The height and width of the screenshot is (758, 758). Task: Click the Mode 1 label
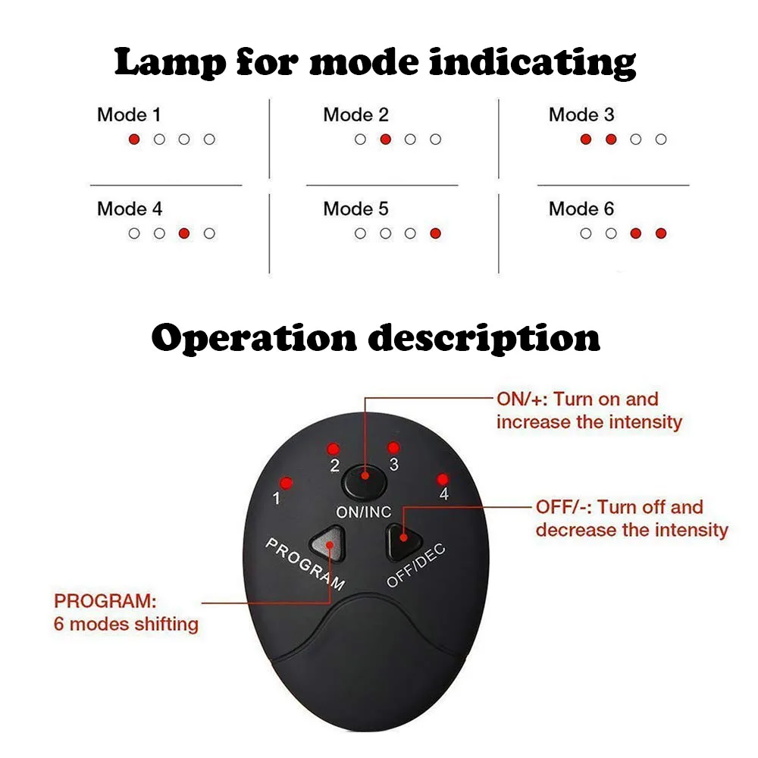coord(129,115)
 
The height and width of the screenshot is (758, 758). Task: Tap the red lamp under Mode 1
coord(134,139)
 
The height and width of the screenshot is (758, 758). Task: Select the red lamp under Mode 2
coord(385,139)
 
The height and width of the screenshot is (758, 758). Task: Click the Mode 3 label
coord(581,115)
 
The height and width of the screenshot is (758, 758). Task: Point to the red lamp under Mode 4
coord(184,233)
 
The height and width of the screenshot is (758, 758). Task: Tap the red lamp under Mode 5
coord(435,233)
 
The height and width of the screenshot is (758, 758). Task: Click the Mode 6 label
coord(581,208)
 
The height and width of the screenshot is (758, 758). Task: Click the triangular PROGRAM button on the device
coord(327,543)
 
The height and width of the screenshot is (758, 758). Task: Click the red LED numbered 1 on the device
coord(287,483)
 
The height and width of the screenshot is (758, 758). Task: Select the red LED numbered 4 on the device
coord(442,479)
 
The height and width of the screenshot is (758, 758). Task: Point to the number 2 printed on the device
coord(334,465)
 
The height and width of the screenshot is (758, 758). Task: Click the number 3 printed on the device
coord(393,464)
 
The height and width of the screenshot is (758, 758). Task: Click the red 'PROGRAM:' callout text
coord(105,602)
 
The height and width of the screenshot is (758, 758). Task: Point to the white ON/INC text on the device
coord(364,512)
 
